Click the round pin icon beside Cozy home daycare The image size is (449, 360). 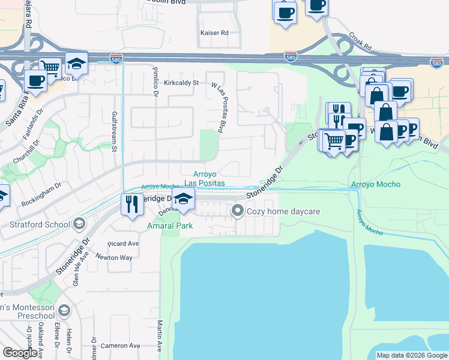[238, 211]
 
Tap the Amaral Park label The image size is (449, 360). [170, 226]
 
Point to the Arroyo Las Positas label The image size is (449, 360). [204, 178]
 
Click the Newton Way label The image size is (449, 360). [116, 257]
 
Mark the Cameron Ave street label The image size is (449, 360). [120, 346]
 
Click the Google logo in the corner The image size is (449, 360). [20, 353]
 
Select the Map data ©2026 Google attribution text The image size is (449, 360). [412, 355]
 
